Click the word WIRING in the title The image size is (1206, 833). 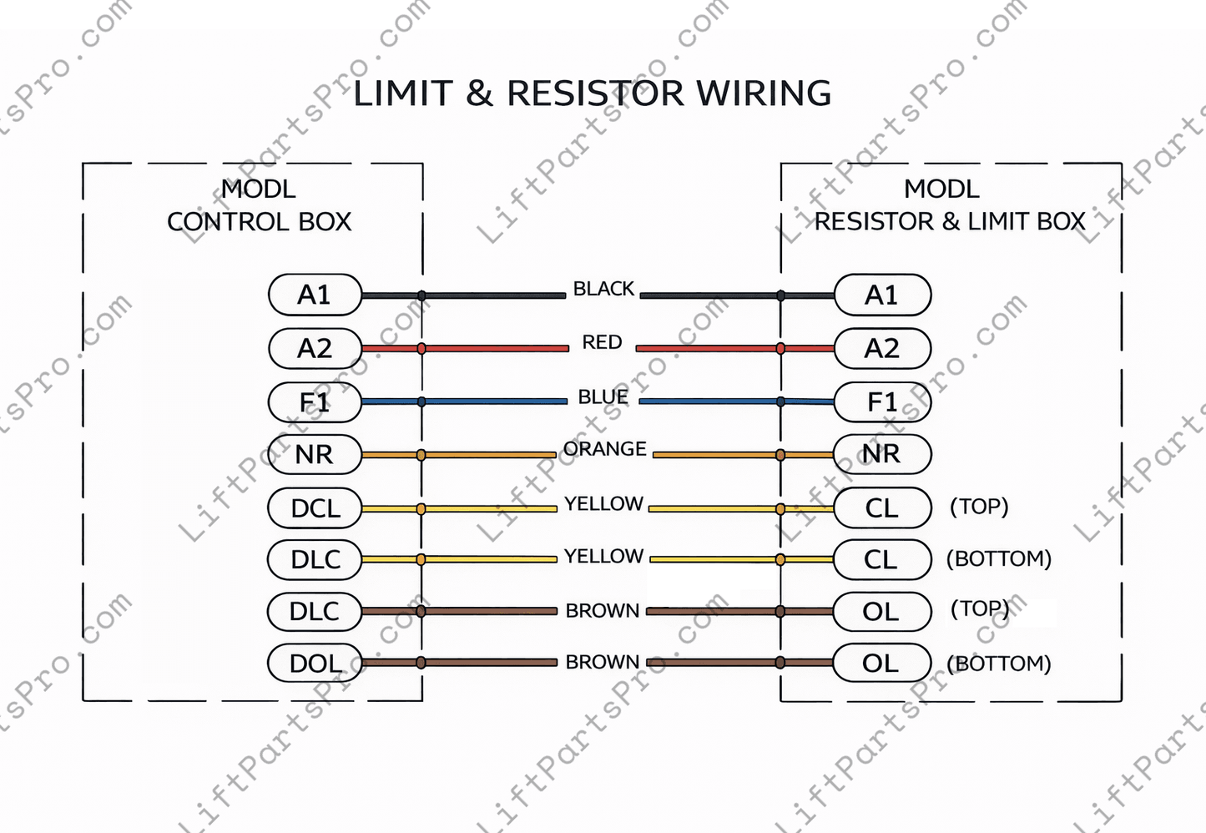pyautogui.click(x=764, y=93)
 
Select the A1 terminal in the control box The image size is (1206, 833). pyautogui.click(x=315, y=295)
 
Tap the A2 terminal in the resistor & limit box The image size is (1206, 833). pyautogui.click(x=882, y=348)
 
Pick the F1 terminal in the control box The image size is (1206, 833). pyautogui.click(x=315, y=402)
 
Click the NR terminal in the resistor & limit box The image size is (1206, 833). pyautogui.click(x=882, y=454)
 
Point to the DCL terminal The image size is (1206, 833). pyautogui.click(x=315, y=507)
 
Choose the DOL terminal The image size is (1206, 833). pyautogui.click(x=315, y=664)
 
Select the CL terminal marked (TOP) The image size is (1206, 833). pyautogui.click(x=882, y=507)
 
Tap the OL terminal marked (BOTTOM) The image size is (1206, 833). pyautogui.click(x=882, y=664)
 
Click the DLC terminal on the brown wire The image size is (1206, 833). pyautogui.click(x=315, y=612)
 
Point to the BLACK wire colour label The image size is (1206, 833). pyautogui.click(x=603, y=289)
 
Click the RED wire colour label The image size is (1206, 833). pyautogui.click(x=602, y=342)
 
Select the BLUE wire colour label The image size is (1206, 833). pyautogui.click(x=603, y=396)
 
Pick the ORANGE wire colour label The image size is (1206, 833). pyautogui.click(x=604, y=449)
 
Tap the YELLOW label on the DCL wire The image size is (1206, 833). pyautogui.click(x=603, y=504)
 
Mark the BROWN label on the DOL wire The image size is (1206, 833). pyautogui.click(x=602, y=662)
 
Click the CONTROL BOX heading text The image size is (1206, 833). pyautogui.click(x=259, y=222)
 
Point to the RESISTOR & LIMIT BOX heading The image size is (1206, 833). pyautogui.click(x=950, y=222)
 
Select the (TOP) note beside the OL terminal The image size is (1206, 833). pyautogui.click(x=980, y=608)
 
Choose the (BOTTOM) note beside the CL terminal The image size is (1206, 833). pyautogui.click(x=998, y=558)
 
